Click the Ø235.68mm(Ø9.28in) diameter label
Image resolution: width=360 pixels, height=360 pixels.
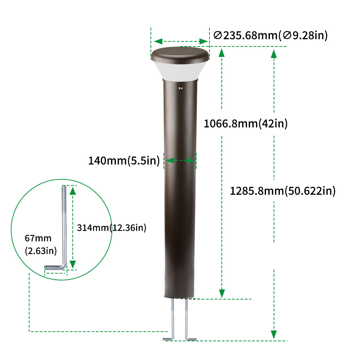[270, 35]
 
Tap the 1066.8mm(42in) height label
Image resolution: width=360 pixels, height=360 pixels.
[246, 124]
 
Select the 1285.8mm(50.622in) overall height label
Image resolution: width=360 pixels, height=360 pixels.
[283, 191]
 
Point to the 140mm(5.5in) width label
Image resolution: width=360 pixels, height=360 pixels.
[124, 161]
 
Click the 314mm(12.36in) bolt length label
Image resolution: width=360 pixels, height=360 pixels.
[112, 228]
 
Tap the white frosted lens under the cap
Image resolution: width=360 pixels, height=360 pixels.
[180, 71]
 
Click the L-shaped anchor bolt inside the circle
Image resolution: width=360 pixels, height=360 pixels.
[64, 230]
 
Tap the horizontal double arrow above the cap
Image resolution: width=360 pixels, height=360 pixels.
[180, 41]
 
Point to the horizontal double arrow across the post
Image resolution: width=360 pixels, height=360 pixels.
[180, 161]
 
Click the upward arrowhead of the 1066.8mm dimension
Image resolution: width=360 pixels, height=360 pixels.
[222, 53]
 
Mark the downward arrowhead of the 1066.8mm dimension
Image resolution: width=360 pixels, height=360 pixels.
[222, 293]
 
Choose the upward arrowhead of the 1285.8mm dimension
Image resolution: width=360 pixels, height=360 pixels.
[274, 54]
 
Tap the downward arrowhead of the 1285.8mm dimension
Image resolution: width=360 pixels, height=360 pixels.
[274, 334]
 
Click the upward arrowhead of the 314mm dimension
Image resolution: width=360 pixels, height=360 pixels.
[73, 190]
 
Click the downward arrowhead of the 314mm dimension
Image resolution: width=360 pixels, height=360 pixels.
[73, 264]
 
